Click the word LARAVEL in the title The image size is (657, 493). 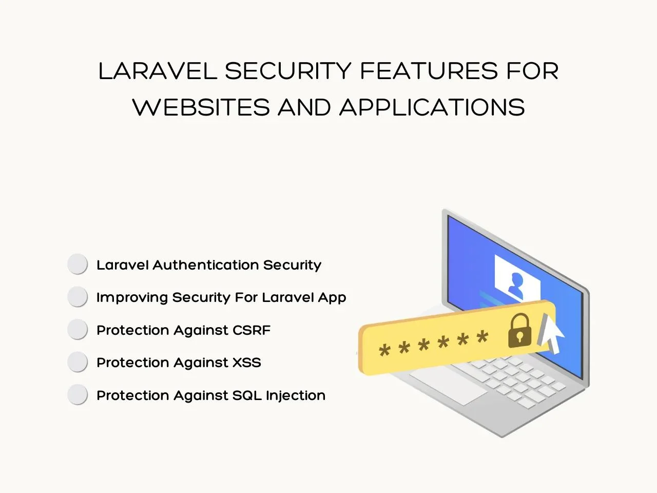pyautogui.click(x=158, y=71)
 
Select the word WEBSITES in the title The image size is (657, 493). pyautogui.click(x=201, y=107)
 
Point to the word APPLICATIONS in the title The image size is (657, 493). pyautogui.click(x=432, y=107)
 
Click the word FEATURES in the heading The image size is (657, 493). pyautogui.click(x=429, y=71)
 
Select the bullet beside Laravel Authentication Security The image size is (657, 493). pyautogui.click(x=78, y=264)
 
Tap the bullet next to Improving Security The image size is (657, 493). pyautogui.click(x=78, y=297)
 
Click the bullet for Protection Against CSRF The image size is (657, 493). pyautogui.click(x=78, y=329)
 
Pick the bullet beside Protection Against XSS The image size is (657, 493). pyautogui.click(x=78, y=362)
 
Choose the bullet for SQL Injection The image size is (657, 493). pyautogui.click(x=78, y=394)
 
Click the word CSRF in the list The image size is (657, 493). pyautogui.click(x=252, y=330)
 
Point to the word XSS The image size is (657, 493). pyautogui.click(x=247, y=363)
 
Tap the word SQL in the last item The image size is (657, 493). pyautogui.click(x=247, y=395)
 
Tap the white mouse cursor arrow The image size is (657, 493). pyautogui.click(x=551, y=333)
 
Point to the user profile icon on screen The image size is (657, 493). pyautogui.click(x=515, y=286)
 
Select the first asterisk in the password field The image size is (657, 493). pyautogui.click(x=384, y=350)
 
